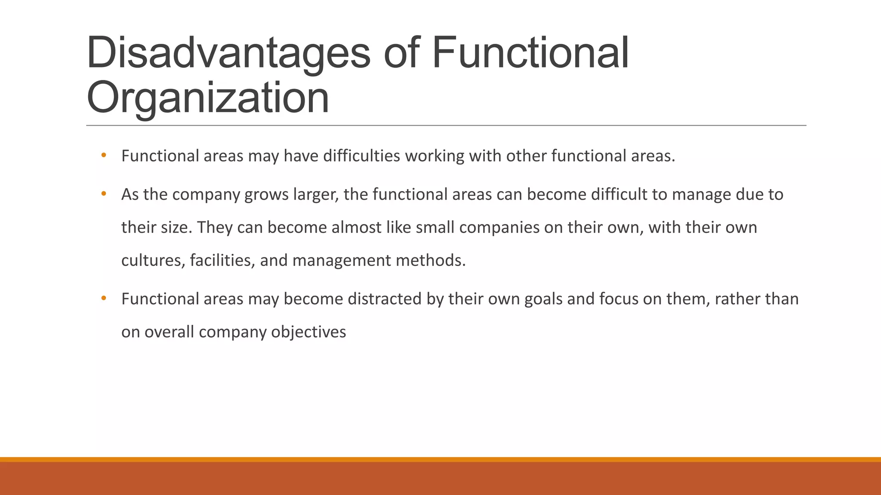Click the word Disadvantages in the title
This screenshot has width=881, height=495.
(228, 53)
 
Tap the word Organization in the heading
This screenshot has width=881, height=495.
(208, 98)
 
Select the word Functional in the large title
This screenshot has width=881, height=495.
(530, 53)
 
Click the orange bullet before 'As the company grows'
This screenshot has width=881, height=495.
(103, 194)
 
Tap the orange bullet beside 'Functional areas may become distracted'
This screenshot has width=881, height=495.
(103, 298)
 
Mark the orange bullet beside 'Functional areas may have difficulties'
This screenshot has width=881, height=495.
(103, 155)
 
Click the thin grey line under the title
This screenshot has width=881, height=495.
(446, 125)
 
